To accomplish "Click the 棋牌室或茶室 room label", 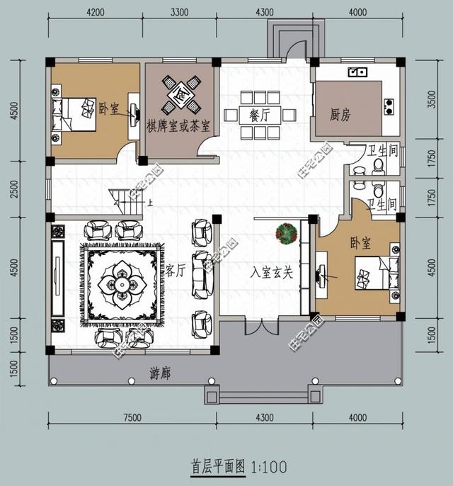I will pos(178,126).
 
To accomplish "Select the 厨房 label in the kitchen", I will pos(341,114).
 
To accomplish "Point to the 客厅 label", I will pos(176,270).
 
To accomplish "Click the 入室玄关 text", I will pos(272,272).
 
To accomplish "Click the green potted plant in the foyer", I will pos(287,234).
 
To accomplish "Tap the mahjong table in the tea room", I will pos(180,94).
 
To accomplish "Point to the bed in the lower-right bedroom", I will pos(374,274).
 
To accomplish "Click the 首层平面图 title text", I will pos(217,467).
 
